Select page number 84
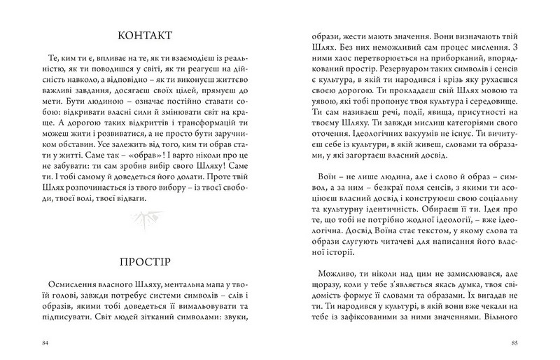(46, 343)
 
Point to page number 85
(514, 343)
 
